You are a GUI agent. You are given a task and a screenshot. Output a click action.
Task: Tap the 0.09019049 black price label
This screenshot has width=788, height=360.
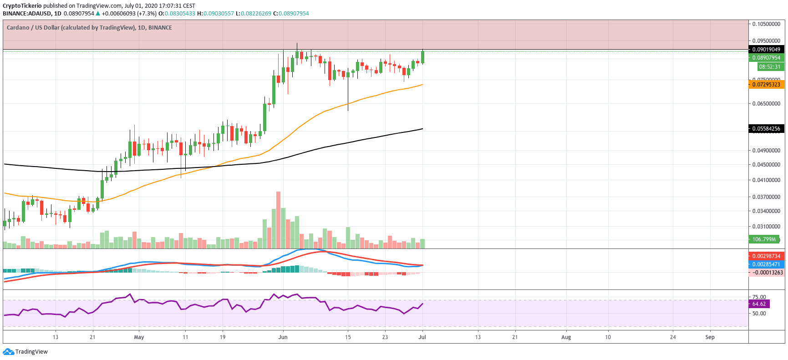click(x=766, y=50)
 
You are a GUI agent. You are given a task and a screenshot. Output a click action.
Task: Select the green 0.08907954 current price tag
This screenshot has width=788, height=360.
click(x=766, y=58)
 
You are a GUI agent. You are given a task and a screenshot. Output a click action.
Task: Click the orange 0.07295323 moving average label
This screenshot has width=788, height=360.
click(x=766, y=84)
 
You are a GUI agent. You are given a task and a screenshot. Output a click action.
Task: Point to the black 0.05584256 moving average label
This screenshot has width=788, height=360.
click(x=766, y=129)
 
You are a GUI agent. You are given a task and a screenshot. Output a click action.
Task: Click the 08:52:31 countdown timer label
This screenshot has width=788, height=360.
click(x=769, y=66)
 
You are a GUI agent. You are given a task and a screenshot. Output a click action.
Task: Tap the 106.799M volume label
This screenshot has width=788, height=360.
click(x=764, y=239)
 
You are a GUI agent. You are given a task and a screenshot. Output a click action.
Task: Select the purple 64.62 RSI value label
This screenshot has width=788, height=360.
click(x=759, y=304)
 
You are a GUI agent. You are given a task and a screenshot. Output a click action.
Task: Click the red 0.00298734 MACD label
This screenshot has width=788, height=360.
click(x=766, y=256)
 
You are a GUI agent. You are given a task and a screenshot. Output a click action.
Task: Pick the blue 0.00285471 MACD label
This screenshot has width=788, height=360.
click(x=766, y=264)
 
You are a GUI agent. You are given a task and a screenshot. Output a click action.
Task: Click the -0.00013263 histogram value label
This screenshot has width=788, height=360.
click(x=767, y=273)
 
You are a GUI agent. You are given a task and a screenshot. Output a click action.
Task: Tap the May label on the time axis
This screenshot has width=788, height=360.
click(x=139, y=337)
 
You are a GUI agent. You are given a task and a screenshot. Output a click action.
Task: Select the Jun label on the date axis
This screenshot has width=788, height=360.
click(x=283, y=337)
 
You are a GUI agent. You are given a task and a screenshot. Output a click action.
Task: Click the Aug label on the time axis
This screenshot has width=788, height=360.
click(x=566, y=337)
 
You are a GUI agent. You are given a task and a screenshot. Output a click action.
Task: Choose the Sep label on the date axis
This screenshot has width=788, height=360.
click(x=710, y=337)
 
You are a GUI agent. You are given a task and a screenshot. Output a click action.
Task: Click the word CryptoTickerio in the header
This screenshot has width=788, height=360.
click(x=22, y=6)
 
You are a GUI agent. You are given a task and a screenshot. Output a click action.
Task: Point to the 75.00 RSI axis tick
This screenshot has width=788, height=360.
click(x=759, y=297)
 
